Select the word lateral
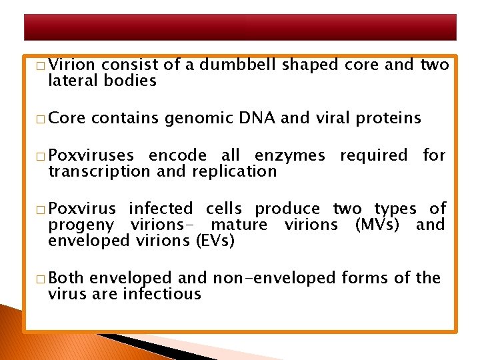73,81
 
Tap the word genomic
196,119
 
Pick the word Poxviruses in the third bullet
91,156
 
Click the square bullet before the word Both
41,279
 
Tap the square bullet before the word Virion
41,66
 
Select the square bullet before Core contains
41,119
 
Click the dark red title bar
240,27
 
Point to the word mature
239,225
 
